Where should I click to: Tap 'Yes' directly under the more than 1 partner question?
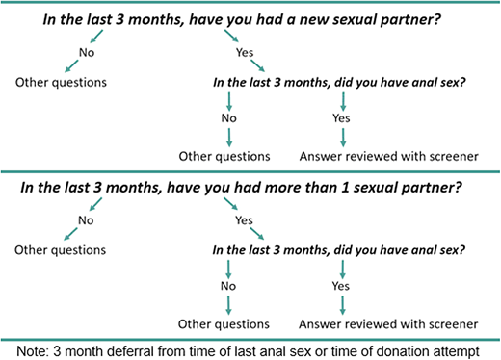tap(244, 220)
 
